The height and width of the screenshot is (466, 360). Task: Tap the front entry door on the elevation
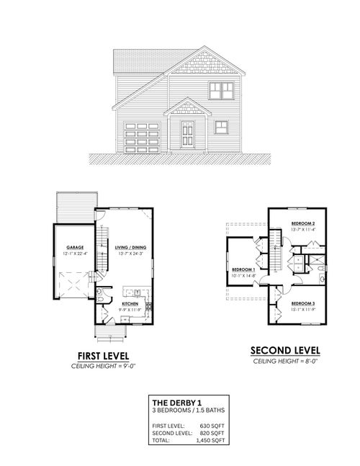pyautogui.click(x=187, y=135)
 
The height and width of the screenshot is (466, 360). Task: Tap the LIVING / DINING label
pyautogui.click(x=130, y=247)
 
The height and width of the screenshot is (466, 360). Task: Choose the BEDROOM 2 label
pyautogui.click(x=304, y=224)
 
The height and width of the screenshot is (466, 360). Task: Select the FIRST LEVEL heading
pyautogui.click(x=103, y=357)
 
